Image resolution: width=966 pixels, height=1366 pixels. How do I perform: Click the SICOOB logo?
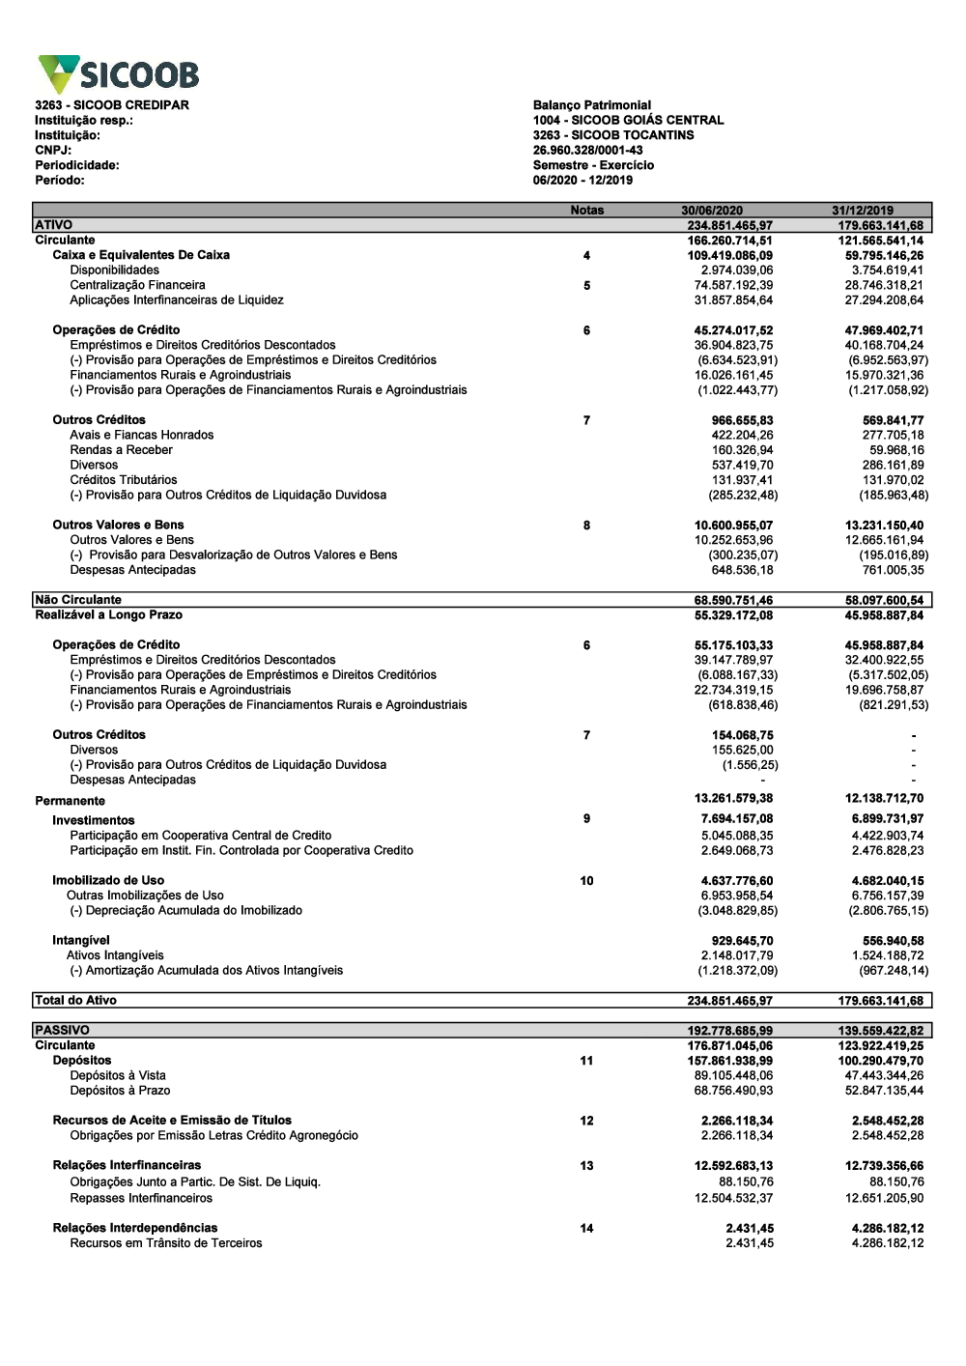118,74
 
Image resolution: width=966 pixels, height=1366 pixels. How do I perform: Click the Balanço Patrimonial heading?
591,105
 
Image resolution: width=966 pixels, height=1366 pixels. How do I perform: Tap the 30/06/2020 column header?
712,210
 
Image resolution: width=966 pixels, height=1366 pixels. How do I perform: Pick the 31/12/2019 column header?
863,210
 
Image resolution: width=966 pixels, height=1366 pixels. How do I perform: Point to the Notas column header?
586,210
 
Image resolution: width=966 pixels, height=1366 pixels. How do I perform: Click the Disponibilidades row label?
114,270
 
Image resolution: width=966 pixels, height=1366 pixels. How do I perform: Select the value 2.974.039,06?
737,270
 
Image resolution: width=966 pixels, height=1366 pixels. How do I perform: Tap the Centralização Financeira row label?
137,285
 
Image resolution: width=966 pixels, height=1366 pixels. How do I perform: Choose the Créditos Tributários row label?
123,480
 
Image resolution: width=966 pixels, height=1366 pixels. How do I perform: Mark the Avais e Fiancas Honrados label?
141,435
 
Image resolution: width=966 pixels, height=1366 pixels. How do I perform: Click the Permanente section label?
70,801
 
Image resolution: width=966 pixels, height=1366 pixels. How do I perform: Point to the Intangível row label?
81,940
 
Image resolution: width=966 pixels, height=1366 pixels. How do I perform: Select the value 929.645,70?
742,941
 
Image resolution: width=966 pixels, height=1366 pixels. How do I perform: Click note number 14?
586,1229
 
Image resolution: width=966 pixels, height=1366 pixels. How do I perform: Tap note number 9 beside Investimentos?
586,819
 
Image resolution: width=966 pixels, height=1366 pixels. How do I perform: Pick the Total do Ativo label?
75,1001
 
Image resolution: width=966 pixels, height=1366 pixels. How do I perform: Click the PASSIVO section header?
62,1031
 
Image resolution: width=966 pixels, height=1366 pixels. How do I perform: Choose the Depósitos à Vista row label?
118,1075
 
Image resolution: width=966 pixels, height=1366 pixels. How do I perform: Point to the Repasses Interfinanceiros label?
141,1198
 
